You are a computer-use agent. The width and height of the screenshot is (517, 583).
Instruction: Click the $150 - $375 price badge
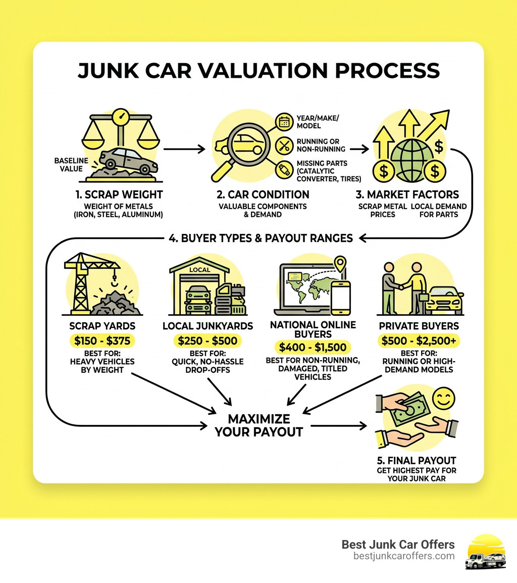coord(102,341)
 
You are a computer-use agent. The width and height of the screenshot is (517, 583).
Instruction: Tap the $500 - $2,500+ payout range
coord(419,341)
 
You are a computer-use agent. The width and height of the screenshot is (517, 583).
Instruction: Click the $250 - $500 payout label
coord(208,341)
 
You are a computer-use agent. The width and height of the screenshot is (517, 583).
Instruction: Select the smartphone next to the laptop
coord(341,296)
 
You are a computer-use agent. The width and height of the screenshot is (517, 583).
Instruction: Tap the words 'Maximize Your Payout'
coord(259,425)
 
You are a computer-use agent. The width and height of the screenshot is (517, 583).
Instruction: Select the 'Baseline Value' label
coord(71,165)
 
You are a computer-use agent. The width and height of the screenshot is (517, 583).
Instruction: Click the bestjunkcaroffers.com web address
coord(404,556)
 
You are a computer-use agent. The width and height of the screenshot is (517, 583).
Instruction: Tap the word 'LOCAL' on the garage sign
coord(199,270)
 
